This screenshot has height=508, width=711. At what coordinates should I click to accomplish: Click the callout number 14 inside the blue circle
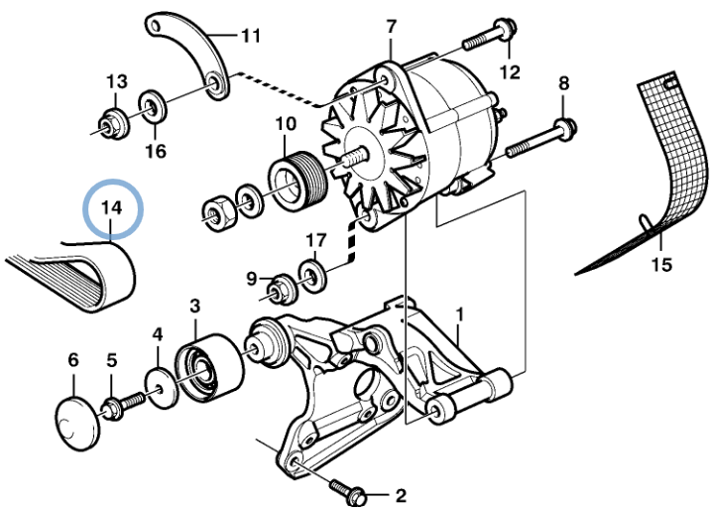(111, 207)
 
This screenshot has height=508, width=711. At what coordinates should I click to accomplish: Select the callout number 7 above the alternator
(392, 27)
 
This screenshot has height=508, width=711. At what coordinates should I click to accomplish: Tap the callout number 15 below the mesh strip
(661, 265)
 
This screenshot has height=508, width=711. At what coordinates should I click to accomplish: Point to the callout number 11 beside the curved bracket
(251, 36)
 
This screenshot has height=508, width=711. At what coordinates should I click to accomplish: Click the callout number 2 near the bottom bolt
(401, 495)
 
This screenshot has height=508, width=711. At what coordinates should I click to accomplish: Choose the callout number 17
(316, 240)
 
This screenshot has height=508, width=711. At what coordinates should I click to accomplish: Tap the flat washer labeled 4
(162, 389)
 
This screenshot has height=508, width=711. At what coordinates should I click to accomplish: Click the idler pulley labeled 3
(208, 368)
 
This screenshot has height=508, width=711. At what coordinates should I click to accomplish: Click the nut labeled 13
(113, 124)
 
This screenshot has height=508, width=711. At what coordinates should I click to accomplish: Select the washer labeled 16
(153, 107)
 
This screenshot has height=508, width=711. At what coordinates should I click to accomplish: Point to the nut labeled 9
(283, 289)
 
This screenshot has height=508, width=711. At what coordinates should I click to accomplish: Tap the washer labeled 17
(312, 275)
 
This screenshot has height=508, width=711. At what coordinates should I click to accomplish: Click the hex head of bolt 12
(507, 30)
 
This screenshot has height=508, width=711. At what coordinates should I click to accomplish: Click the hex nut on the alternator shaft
(218, 213)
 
